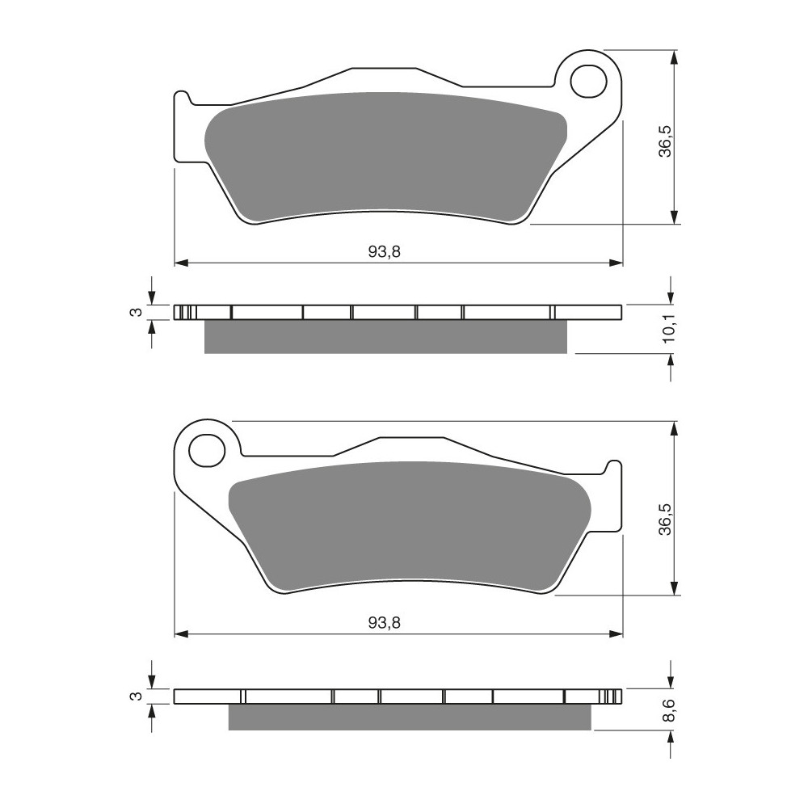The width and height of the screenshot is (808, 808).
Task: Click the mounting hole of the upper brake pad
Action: tap(588, 81)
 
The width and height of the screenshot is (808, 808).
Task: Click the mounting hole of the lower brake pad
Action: tap(207, 451)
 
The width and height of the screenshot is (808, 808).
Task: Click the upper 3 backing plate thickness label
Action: tap(136, 312)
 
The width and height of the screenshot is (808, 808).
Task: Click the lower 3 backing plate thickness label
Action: tap(136, 696)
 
